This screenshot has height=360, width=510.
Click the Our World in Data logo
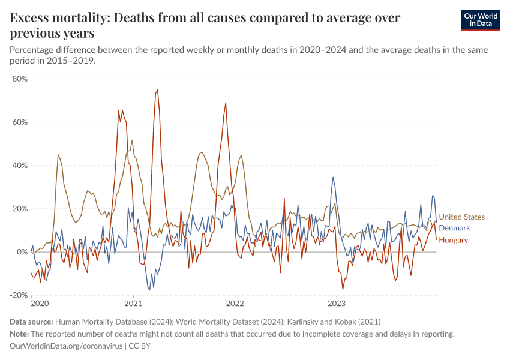(481, 20)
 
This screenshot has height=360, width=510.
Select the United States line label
(461, 217)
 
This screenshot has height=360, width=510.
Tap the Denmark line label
(454, 228)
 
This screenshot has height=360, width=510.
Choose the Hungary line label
(454, 240)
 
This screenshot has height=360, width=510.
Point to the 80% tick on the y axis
(20, 79)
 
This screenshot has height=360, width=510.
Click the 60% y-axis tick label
(20, 122)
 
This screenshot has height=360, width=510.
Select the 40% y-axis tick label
(20, 165)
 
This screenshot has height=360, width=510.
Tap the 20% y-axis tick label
(20, 208)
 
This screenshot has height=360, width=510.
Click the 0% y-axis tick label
(22, 252)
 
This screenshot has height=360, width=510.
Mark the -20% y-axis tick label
(19, 295)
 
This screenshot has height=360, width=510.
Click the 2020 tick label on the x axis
(40, 304)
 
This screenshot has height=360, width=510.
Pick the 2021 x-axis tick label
(133, 304)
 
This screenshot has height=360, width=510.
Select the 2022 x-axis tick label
(235, 304)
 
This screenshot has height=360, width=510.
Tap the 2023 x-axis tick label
(337, 304)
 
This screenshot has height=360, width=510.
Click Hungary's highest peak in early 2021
(157, 90)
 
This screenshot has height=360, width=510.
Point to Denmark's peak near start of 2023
(333, 178)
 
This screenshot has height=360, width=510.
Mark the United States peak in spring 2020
(58, 155)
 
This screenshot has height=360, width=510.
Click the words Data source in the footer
(31, 322)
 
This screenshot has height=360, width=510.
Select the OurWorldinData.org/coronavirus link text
(66, 346)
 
